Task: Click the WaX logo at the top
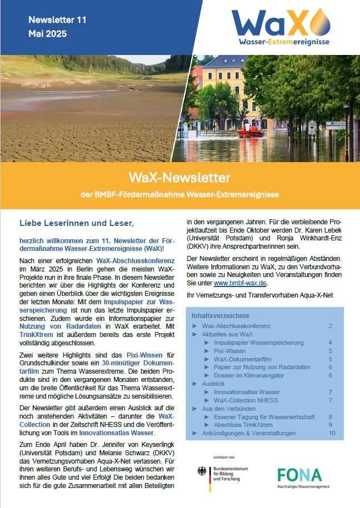[281, 27]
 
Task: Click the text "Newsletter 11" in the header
[57, 20]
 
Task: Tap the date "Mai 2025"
[47, 34]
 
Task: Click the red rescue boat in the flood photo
[251, 133]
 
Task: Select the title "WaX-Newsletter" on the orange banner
[180, 178]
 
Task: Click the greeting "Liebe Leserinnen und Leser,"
[77, 223]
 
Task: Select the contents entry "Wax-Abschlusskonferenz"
[236, 326]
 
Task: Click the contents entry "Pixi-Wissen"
[230, 351]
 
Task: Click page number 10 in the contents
[332, 432]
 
